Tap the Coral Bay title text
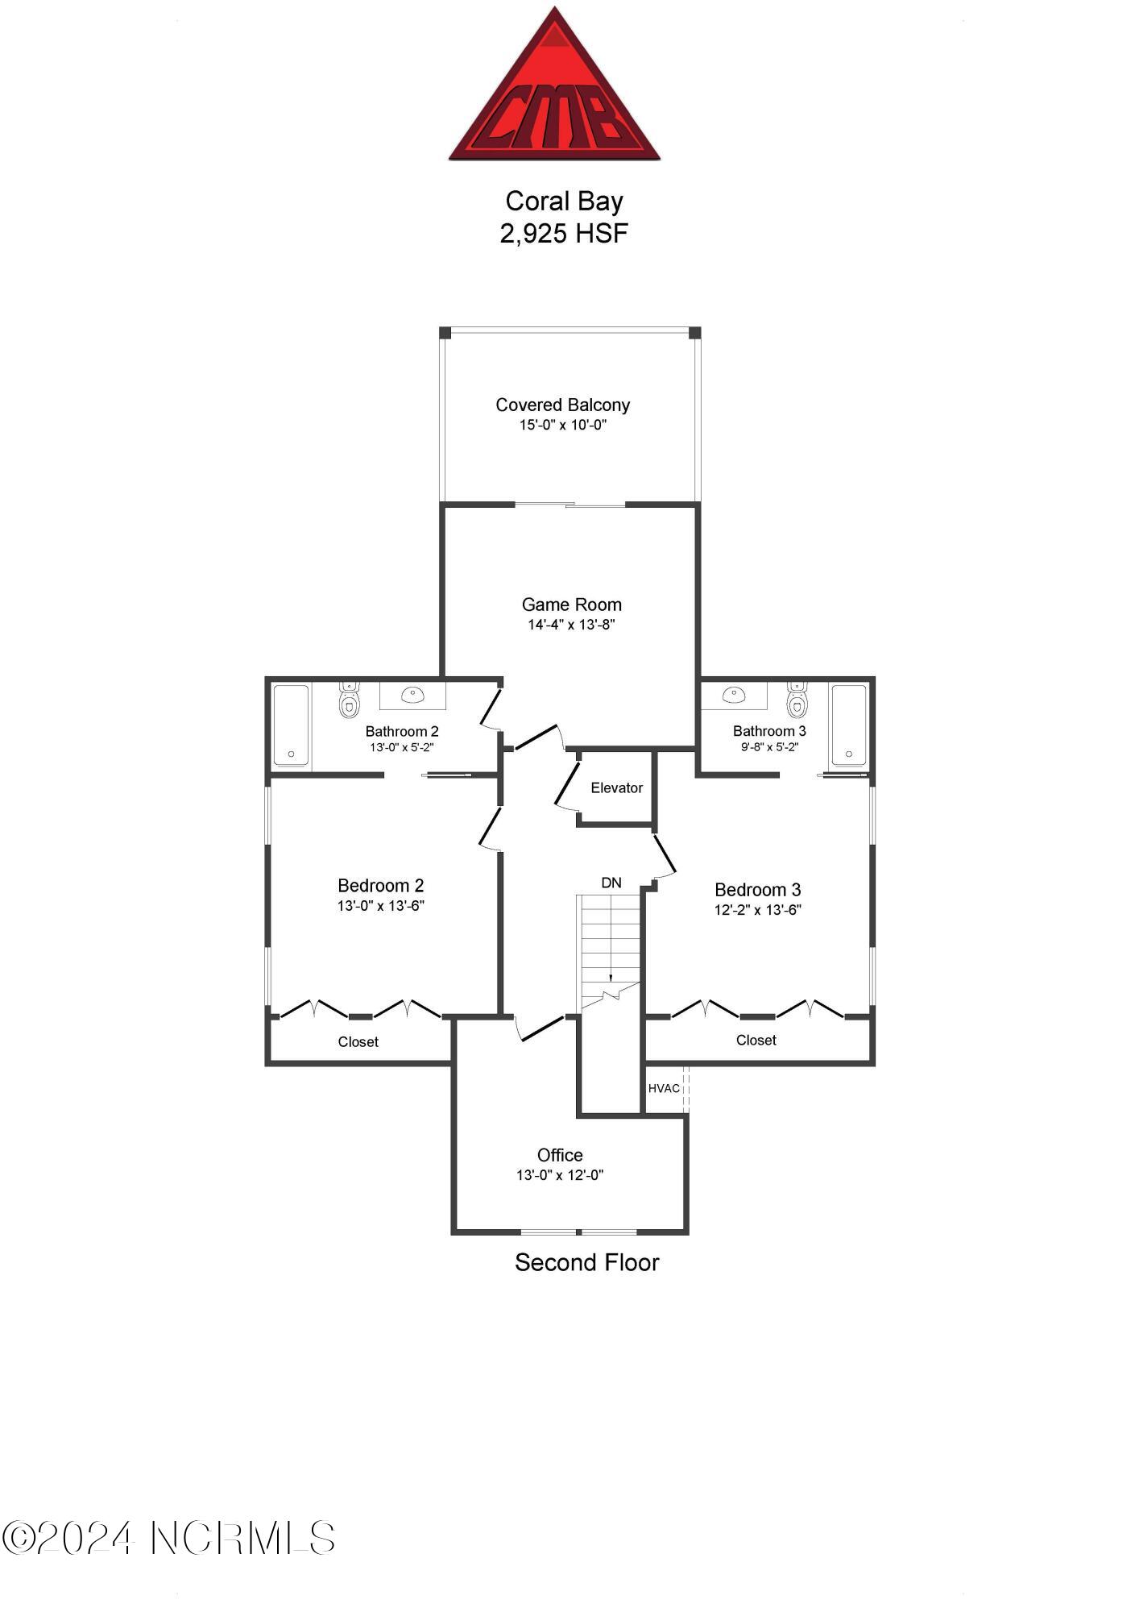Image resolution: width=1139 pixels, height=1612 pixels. (x=564, y=201)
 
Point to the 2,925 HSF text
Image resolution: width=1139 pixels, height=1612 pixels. (x=564, y=233)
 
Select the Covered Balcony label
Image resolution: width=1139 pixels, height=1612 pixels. (x=562, y=405)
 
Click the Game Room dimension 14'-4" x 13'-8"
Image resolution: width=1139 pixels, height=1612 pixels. (x=571, y=625)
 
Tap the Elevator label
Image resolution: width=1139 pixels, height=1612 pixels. (x=616, y=787)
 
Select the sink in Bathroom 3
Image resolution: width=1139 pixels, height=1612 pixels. (x=734, y=695)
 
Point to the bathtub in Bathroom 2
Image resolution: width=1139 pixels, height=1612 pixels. (x=291, y=724)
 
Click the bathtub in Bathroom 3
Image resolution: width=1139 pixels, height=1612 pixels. (x=849, y=724)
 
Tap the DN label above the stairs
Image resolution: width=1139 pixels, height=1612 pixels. (x=611, y=883)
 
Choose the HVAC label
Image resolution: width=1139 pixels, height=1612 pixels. (x=664, y=1088)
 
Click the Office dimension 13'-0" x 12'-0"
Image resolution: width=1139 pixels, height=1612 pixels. (x=560, y=1175)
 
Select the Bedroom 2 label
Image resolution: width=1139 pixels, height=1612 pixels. (x=380, y=885)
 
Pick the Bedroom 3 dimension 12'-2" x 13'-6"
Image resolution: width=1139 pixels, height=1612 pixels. (x=757, y=910)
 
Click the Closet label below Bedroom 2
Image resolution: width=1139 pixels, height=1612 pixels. (x=358, y=1041)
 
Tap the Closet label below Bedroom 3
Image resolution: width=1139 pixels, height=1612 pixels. (x=756, y=1040)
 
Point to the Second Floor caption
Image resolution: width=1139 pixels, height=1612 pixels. (x=586, y=1262)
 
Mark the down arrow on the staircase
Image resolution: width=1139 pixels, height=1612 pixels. (x=611, y=976)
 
